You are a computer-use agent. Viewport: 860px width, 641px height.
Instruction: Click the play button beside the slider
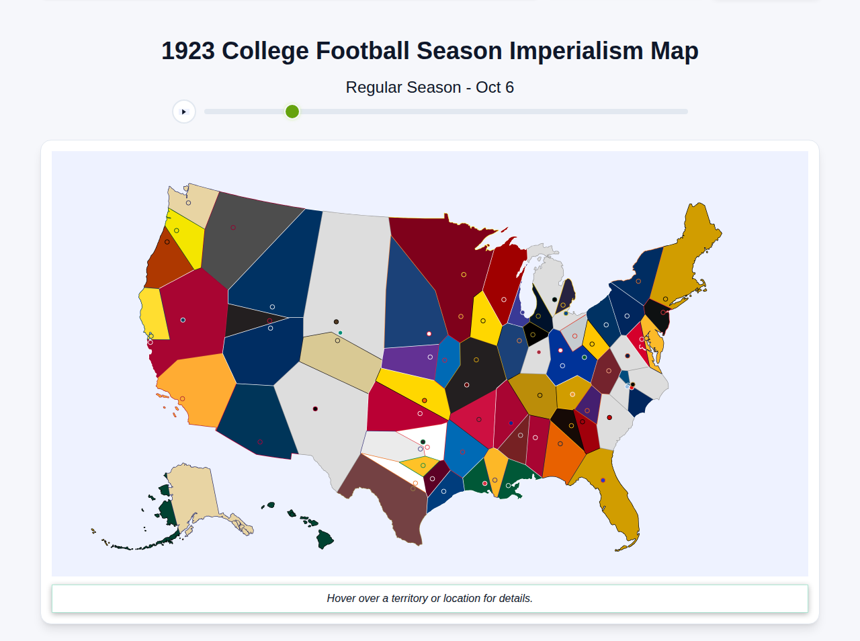pyautogui.click(x=184, y=112)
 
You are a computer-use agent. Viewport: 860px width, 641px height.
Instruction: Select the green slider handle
pyautogui.click(x=292, y=112)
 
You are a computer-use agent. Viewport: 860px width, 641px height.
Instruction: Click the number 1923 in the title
pyautogui.click(x=188, y=51)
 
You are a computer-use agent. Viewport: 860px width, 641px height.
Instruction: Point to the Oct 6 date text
pyautogui.click(x=494, y=87)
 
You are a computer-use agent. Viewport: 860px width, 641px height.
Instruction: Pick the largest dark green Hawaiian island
pyautogui.click(x=325, y=539)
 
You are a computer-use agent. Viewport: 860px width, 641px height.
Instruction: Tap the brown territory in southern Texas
pyautogui.click(x=390, y=497)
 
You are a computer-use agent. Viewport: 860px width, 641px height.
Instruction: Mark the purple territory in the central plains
pyautogui.click(x=410, y=360)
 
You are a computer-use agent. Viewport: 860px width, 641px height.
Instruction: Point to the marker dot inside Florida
pyautogui.click(x=603, y=480)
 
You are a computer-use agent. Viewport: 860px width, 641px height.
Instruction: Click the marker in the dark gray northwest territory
pyautogui.click(x=233, y=227)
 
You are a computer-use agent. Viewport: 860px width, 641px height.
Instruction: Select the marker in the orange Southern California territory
pyautogui.click(x=182, y=398)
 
